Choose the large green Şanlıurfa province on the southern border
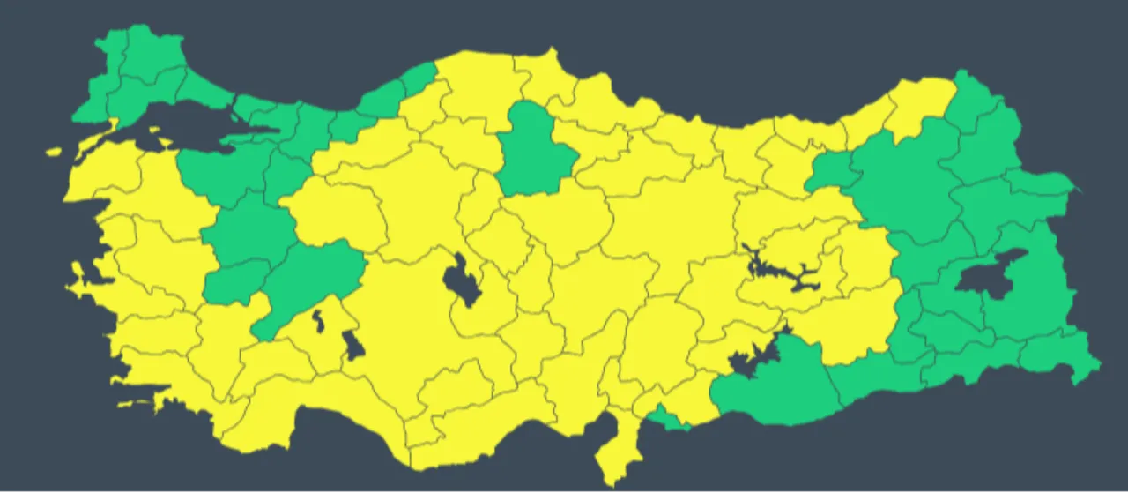click(775, 388)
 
